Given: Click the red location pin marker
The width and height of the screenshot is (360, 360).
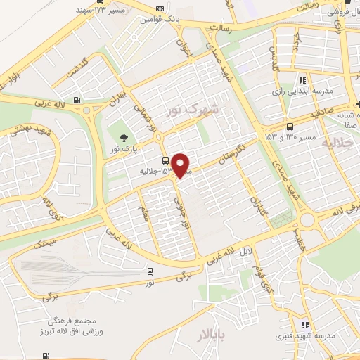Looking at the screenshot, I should pyautogui.click(x=181, y=165).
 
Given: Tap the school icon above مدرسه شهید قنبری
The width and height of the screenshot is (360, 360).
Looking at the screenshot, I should pyautogui.click(x=304, y=325).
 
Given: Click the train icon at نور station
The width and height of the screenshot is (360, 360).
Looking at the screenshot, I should pyautogui.click(x=150, y=271).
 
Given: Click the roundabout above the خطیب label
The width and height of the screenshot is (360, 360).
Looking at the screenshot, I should pyautogui.click(x=307, y=221).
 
